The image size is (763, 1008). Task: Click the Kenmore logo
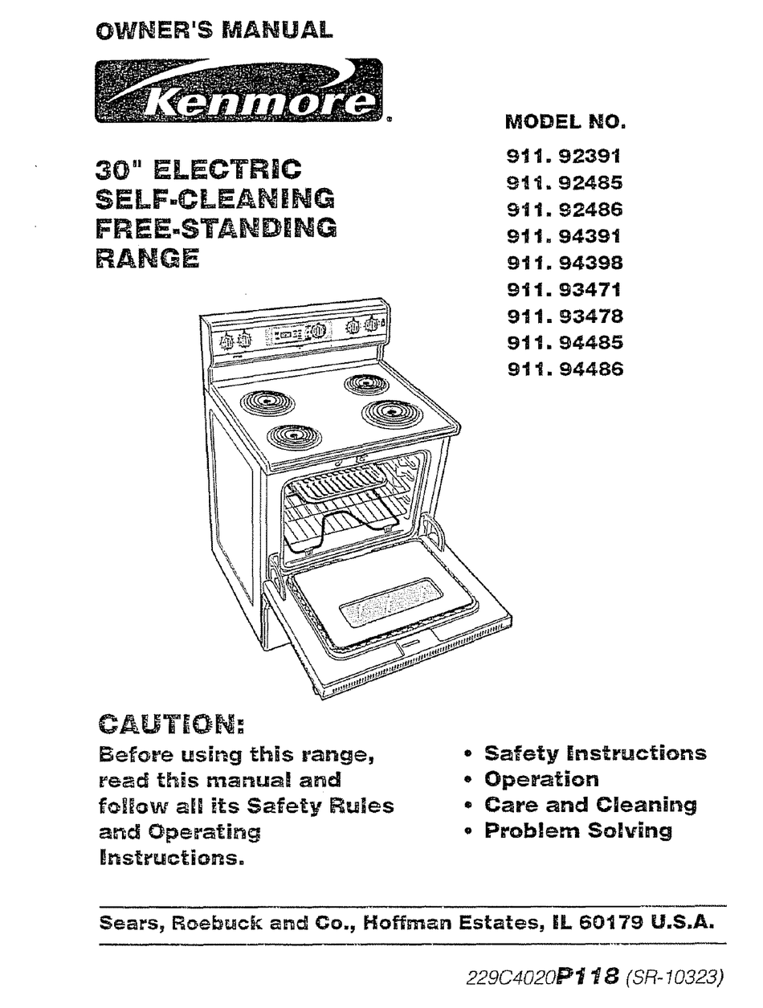(x=239, y=91)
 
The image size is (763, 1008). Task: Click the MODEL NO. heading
(x=565, y=123)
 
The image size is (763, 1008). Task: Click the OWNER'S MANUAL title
(x=213, y=31)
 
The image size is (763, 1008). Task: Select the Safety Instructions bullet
(x=594, y=753)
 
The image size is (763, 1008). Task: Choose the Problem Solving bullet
(x=577, y=830)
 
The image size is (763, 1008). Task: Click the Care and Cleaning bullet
(x=590, y=805)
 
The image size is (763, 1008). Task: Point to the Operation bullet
(x=541, y=779)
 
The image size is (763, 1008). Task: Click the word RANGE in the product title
(x=147, y=259)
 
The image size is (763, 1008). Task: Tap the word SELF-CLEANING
(x=215, y=198)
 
